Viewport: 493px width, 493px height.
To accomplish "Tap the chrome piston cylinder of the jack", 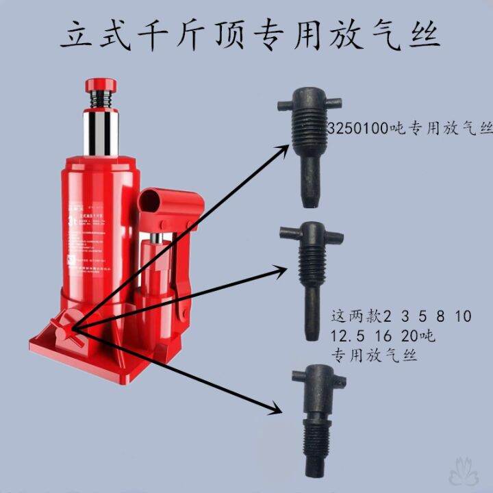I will [102, 133].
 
